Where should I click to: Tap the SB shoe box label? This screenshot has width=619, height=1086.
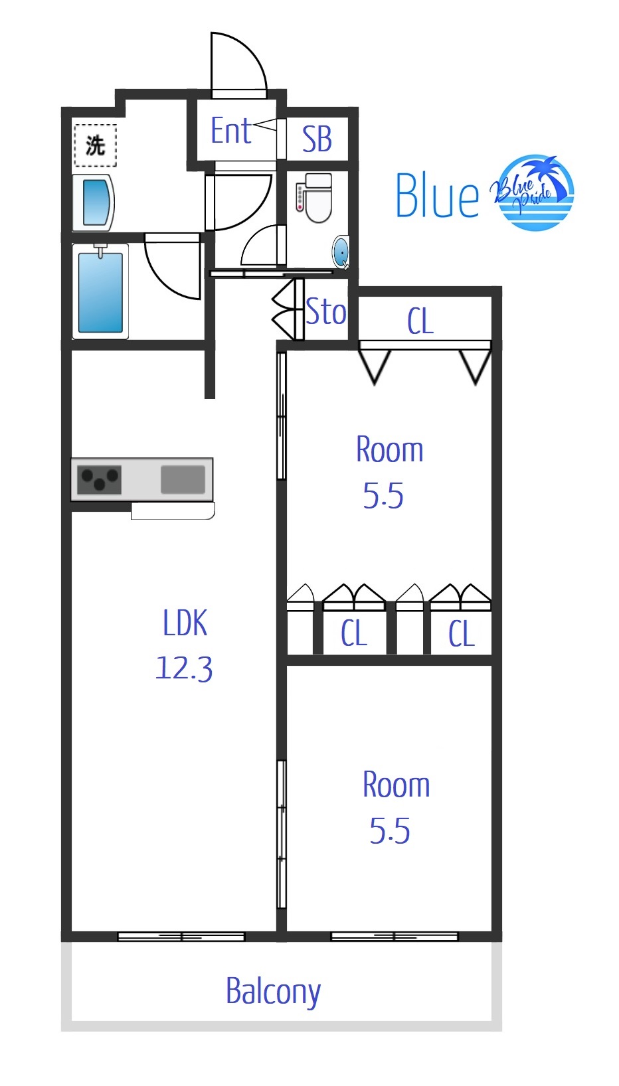(317, 139)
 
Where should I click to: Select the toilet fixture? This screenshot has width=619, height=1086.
(314, 197)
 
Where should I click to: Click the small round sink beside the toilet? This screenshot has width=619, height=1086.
(341, 252)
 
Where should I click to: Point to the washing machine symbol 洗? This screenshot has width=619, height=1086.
(95, 145)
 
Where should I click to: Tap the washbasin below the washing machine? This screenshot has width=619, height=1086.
(93, 202)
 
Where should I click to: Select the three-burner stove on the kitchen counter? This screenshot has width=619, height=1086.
(100, 479)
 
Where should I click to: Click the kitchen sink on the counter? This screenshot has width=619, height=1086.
(183, 479)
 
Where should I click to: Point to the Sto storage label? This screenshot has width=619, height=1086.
(326, 311)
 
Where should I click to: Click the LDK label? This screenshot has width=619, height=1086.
(185, 623)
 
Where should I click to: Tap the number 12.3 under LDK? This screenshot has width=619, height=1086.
(184, 668)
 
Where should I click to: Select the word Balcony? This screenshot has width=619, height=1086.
(273, 992)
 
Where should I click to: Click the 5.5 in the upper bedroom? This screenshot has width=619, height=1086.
(383, 495)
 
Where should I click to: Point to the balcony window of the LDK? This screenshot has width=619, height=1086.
(181, 936)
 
